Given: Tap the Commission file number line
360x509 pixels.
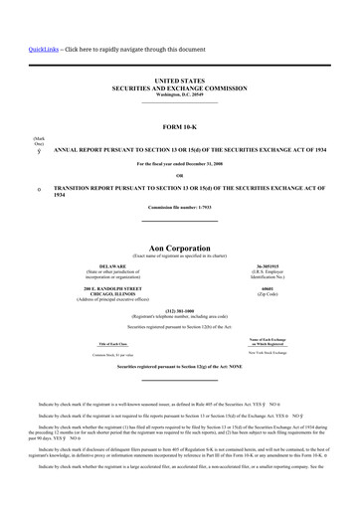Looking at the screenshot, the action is tap(179, 206).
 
